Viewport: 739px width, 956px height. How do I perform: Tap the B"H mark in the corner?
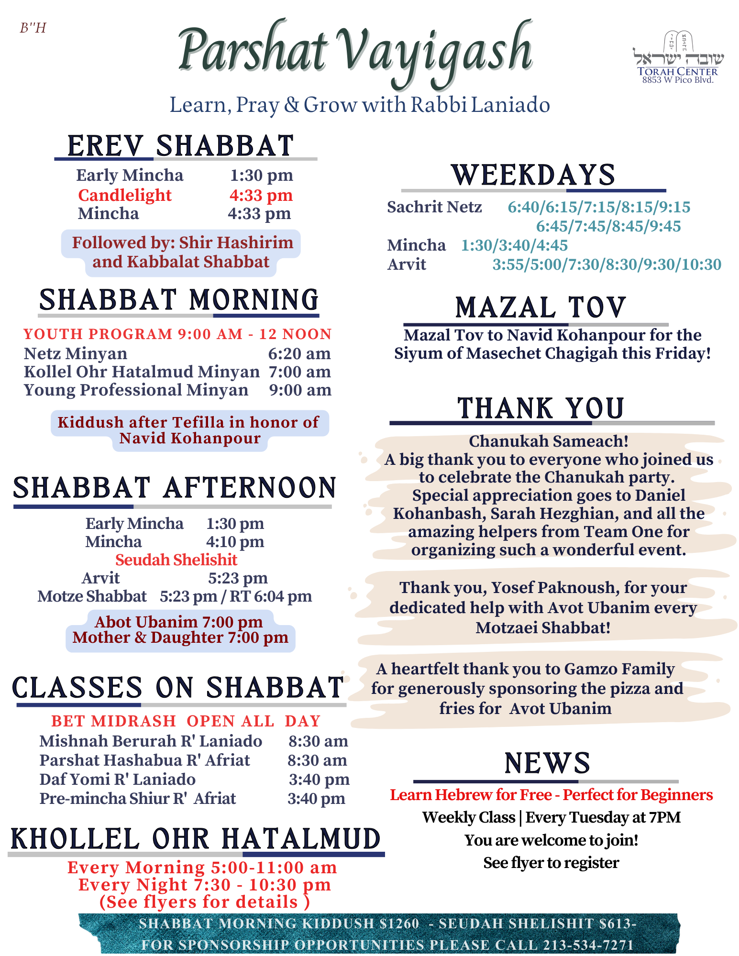[33, 28]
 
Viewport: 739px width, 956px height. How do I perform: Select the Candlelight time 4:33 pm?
[261, 195]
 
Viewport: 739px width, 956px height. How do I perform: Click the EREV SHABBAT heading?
[180, 146]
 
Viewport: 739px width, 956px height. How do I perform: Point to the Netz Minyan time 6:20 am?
[299, 353]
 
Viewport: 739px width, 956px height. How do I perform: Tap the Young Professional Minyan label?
[136, 390]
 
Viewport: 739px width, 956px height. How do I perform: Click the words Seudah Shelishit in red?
[176, 560]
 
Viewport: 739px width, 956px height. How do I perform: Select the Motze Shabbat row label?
[92, 596]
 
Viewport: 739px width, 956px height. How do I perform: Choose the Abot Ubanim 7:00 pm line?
[178, 622]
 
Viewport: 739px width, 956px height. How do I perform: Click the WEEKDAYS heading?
[533, 175]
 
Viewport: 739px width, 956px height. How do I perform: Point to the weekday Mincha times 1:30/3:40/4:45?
[514, 245]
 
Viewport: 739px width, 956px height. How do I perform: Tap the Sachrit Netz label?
[434, 207]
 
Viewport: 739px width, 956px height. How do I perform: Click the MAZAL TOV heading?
[540, 308]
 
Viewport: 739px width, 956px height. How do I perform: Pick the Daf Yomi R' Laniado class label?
[117, 780]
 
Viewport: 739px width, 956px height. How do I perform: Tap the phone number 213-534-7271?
[588, 945]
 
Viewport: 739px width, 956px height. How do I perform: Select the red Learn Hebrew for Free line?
[551, 795]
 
